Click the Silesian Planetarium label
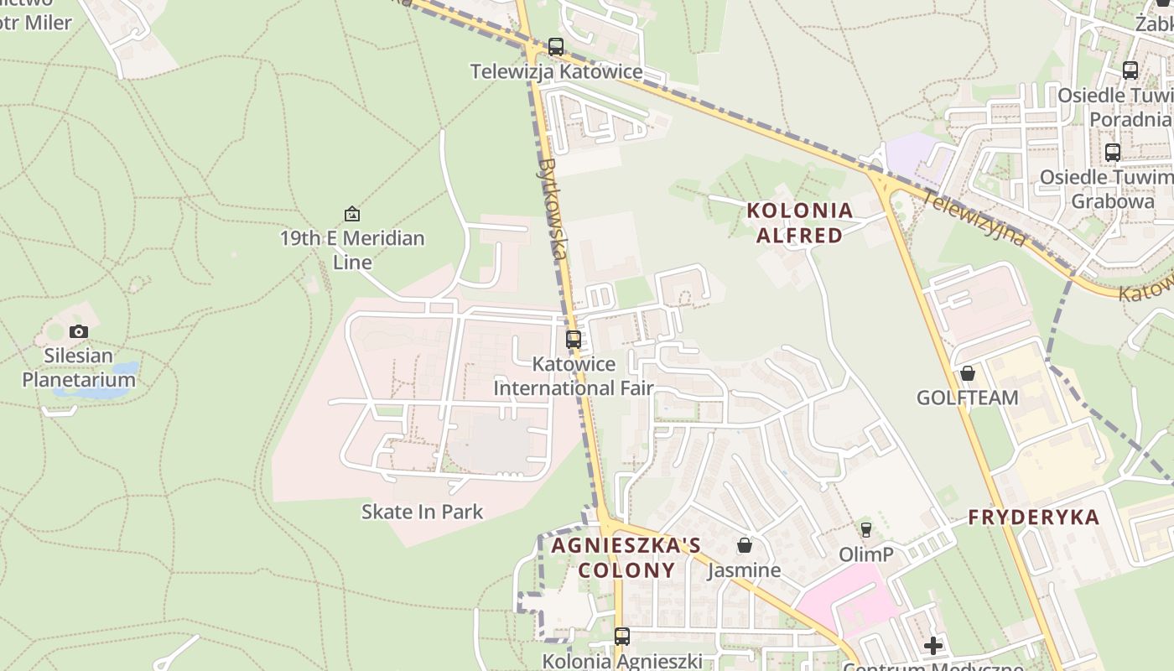pos(79,367)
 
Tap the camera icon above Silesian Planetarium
pos(79,331)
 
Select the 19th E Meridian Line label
pos(352,250)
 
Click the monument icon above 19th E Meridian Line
pos(352,214)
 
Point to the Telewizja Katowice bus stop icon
pos(556,47)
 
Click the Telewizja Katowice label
pos(556,72)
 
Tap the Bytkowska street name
pos(554,208)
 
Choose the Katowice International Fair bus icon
pos(574,340)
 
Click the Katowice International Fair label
pos(574,376)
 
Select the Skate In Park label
pos(422,512)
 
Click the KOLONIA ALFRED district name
pos(799,222)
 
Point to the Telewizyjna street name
pos(974,218)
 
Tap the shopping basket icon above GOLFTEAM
pos(968,373)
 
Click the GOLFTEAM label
pos(968,398)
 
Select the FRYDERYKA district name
pos(1033,518)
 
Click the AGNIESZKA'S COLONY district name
pos(626,558)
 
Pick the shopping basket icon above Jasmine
pos(744,546)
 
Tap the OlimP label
pos(866,554)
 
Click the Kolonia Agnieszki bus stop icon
pos(621,637)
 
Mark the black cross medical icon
pos(932,646)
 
